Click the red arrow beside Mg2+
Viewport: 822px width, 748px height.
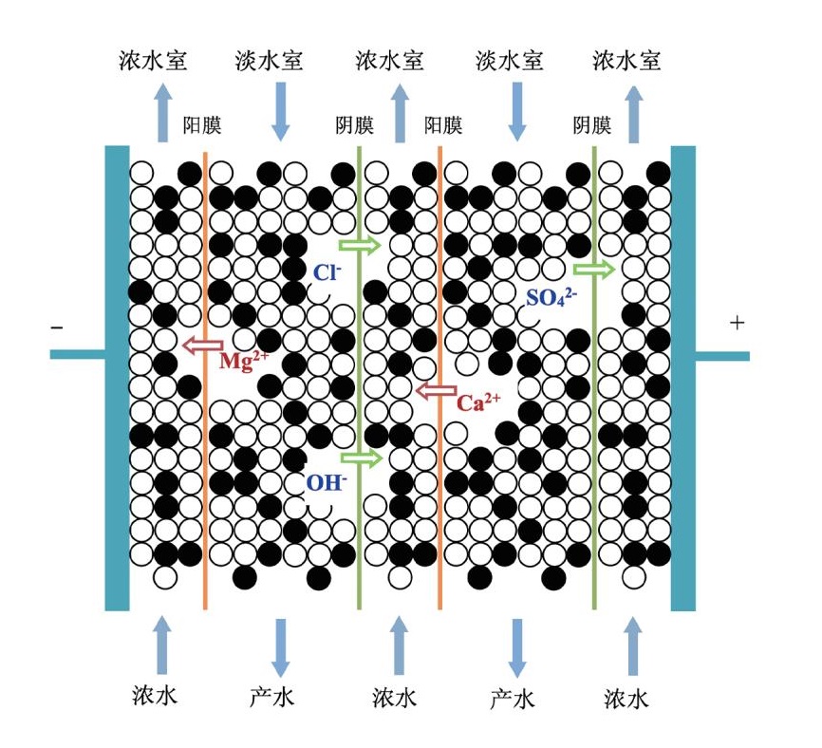pos(202,345)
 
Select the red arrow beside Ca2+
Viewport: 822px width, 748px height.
pos(437,389)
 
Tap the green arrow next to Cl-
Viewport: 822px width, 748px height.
pos(360,246)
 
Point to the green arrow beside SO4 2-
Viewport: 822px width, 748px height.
pos(594,270)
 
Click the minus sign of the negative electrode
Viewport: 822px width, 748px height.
pos(58,328)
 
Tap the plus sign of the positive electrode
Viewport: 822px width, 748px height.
pos(737,323)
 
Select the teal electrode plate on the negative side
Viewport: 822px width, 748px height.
pos(117,380)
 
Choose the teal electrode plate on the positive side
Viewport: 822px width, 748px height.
pos(683,380)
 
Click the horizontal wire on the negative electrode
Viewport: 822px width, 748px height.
pos(77,355)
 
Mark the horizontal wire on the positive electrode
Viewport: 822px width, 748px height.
pos(722,356)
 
